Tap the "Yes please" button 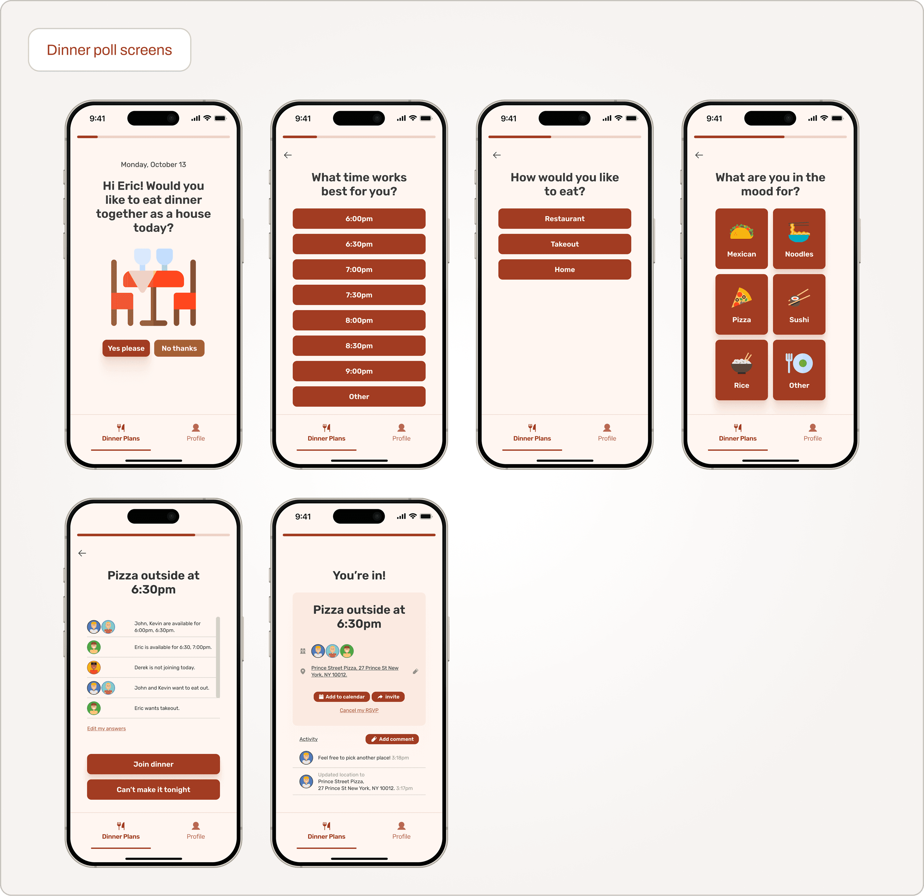tap(126, 348)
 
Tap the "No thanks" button tap(179, 348)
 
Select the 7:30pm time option tap(359, 295)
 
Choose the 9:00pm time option tap(359, 371)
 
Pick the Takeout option tap(564, 244)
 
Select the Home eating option tap(564, 269)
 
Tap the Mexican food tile tap(741, 239)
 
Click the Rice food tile tap(741, 370)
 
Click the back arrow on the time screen tap(288, 155)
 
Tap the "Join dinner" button tap(153, 764)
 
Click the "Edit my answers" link tap(107, 729)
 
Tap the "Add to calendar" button tap(342, 696)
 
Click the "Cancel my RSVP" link tap(359, 710)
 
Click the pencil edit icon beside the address tap(415, 671)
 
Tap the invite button tap(388, 696)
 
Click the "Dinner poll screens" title tap(109, 50)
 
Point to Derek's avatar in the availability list tap(94, 667)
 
